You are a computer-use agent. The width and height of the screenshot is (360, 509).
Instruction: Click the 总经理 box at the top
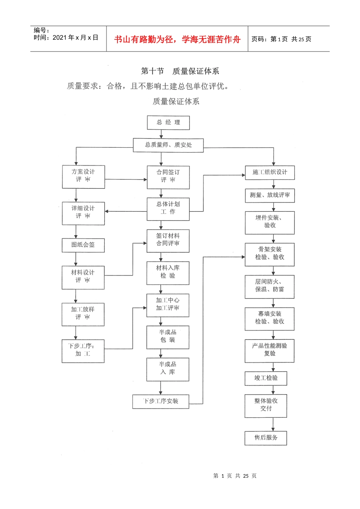point(168,123)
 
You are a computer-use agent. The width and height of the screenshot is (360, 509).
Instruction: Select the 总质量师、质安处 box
point(168,145)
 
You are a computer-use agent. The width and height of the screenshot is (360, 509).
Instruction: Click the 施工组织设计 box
point(270,172)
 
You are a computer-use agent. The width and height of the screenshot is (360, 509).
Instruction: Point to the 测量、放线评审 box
point(270,195)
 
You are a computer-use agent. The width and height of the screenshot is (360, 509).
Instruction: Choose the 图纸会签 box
point(83,245)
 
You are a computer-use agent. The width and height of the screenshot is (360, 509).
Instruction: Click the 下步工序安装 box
point(161,401)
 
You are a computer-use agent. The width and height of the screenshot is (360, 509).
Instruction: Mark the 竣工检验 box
point(266,378)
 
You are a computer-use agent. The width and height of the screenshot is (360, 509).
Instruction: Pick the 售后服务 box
point(266,438)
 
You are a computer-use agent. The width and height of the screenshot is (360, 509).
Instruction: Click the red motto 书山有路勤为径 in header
point(177,39)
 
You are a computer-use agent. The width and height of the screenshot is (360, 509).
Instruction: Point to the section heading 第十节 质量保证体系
point(180,71)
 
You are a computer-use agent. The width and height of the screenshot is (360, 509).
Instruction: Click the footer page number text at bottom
point(235,476)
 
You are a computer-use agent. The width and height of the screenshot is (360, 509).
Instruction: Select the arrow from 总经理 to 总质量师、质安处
point(161,134)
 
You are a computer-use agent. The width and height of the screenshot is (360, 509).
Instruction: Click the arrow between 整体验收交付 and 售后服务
point(273,424)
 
